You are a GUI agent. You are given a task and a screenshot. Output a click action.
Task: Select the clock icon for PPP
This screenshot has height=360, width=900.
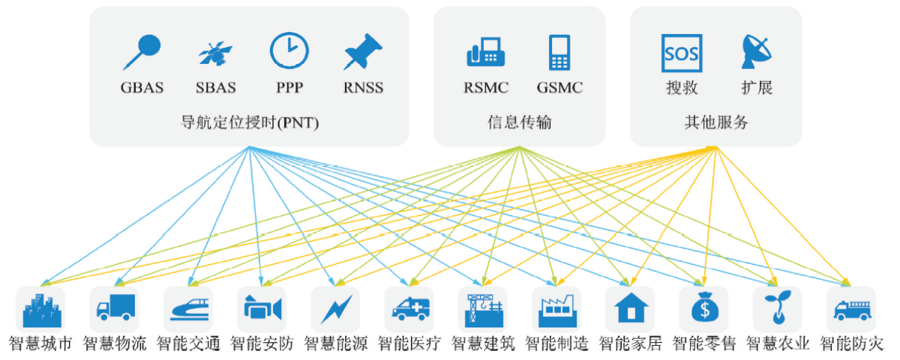pos(289,51)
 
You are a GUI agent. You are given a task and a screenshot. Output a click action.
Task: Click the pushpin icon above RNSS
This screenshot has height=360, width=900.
pos(363,52)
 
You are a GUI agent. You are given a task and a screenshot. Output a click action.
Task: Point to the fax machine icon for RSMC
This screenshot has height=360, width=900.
pos(486,53)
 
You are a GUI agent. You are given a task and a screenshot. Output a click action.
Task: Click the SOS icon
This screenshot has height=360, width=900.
pos(681,53)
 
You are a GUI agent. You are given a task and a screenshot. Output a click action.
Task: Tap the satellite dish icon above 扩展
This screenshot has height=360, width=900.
pos(757,52)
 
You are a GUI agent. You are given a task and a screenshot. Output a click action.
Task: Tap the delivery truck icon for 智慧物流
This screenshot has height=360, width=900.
pos(114,309)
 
